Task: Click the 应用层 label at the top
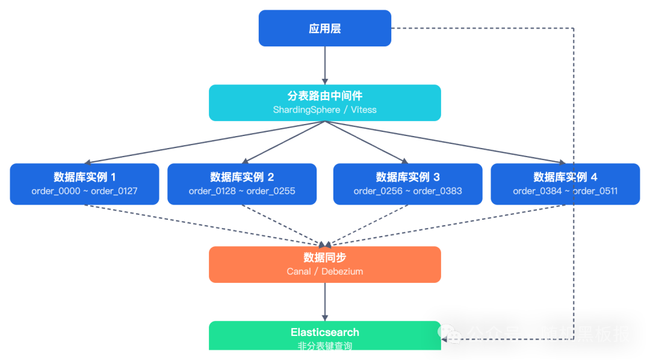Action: pos(324,29)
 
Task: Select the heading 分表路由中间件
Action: pos(324,96)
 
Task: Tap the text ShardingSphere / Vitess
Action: pos(324,110)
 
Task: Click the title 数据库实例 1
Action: pos(84,177)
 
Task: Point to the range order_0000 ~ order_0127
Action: pos(84,191)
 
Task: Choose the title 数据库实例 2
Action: pos(242,177)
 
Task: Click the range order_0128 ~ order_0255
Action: pos(242,191)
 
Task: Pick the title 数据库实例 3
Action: pos(407,177)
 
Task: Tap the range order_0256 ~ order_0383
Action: pos(407,191)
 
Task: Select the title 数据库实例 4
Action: pos(565,177)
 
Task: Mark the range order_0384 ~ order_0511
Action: pos(565,191)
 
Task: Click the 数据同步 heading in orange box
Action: pos(324,258)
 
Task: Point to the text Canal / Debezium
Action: pos(324,272)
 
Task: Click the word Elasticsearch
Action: pos(324,332)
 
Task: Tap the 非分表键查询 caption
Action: pos(324,347)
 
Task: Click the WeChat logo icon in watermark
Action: pos(450,334)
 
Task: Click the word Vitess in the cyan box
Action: pos(363,110)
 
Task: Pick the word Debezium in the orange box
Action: pos(342,272)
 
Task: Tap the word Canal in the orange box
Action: pos(299,272)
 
